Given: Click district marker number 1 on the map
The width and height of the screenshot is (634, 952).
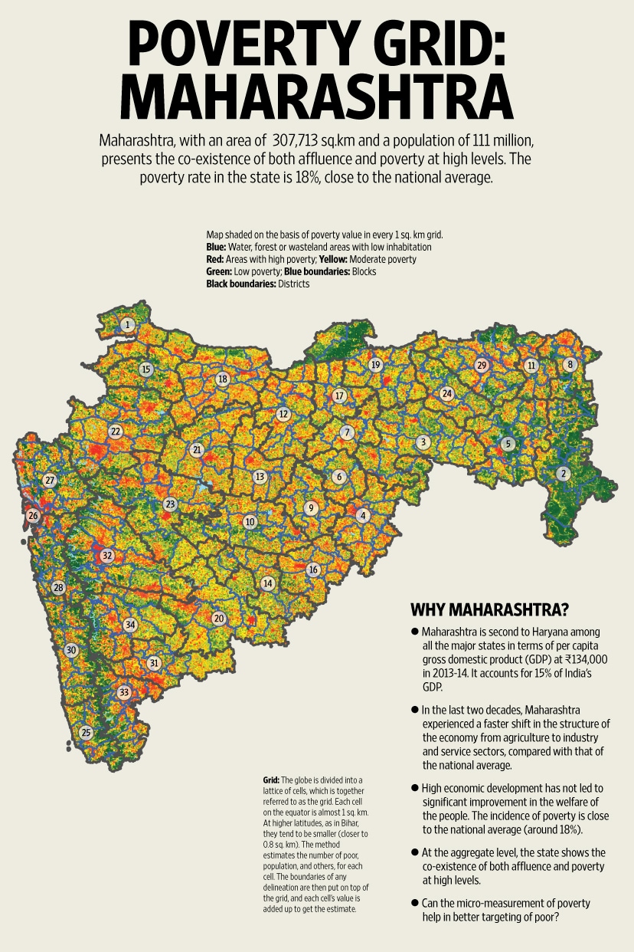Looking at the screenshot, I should [x=127, y=325].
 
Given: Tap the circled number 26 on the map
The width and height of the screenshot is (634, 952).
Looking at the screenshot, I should [x=33, y=516].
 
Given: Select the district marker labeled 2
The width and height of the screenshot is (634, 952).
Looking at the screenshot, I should [x=563, y=473].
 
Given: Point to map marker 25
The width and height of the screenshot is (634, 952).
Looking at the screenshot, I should [x=86, y=733].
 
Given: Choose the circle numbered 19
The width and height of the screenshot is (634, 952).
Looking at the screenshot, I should [x=375, y=365].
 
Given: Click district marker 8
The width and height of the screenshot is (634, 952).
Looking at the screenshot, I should [x=569, y=365].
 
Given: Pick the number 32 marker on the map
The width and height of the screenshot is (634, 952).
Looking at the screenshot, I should [x=107, y=556].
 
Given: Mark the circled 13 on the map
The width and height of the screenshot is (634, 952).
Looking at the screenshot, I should [x=260, y=477].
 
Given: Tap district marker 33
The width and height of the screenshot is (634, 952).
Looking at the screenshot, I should [x=124, y=693].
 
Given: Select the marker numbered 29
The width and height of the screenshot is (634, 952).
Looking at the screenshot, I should [x=481, y=365].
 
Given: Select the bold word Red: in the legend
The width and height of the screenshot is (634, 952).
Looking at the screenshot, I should [x=216, y=259].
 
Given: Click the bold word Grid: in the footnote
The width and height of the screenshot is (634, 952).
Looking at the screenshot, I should [x=271, y=780].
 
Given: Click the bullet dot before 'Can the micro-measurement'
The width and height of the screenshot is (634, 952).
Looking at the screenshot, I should [x=414, y=903].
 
